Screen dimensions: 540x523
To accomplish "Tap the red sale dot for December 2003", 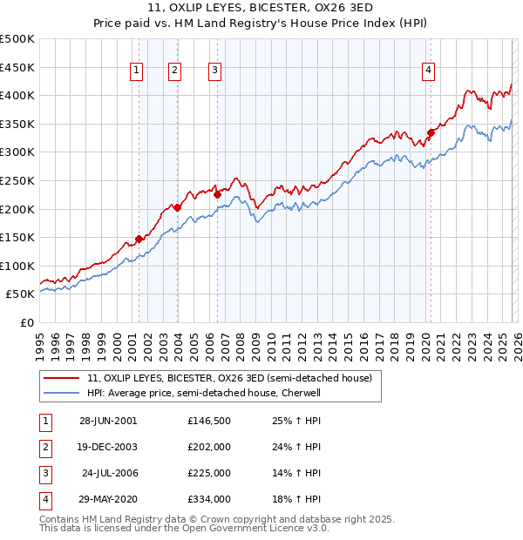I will coord(177,207).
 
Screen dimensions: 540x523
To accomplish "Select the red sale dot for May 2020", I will coord(431,132).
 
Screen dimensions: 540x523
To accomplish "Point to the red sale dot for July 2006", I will coord(217,195).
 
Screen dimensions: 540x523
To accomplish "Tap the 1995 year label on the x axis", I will coord(39,341).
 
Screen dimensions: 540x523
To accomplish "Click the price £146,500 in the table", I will coord(208,421).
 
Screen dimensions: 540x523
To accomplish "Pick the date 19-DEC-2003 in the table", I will coord(107,447).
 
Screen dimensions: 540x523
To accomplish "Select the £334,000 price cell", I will coord(208,499).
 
